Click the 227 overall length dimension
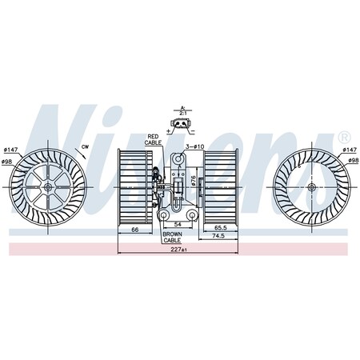(x=178, y=250)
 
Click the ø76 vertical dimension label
(x=194, y=182)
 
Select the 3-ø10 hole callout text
(x=196, y=147)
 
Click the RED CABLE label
(x=153, y=140)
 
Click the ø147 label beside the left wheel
(x=10, y=150)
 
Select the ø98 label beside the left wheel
(x=8, y=163)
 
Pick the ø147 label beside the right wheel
(x=349, y=150)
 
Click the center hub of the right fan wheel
(x=310, y=187)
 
